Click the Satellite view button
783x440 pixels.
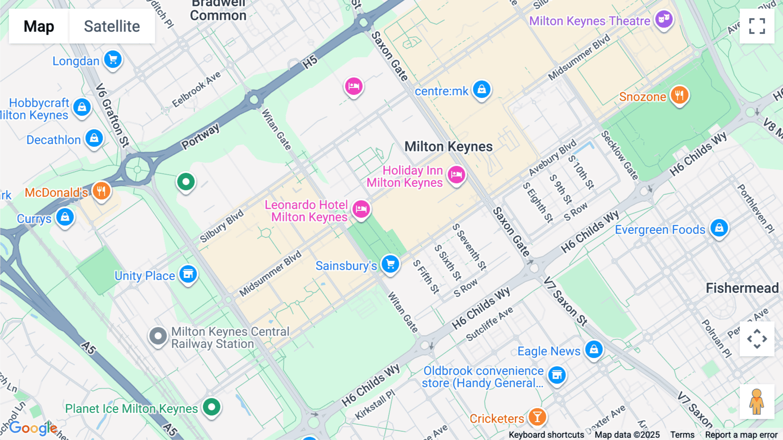[x=112, y=26]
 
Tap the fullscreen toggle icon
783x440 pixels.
[x=757, y=26]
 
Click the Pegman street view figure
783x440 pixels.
[x=757, y=402]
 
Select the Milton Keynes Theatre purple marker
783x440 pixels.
[x=664, y=19]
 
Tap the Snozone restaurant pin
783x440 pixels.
[x=679, y=95]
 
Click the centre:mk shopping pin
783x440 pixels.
[x=482, y=89]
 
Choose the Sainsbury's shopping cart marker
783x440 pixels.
[x=390, y=264]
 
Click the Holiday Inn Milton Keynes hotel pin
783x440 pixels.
[x=456, y=175]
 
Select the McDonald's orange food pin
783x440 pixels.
[x=101, y=191]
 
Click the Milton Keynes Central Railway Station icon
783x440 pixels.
[x=158, y=336]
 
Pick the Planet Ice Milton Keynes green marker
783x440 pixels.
[x=212, y=407]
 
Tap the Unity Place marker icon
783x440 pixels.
[x=188, y=274]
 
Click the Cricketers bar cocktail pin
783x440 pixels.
[x=537, y=417]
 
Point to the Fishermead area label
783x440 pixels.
[x=742, y=288]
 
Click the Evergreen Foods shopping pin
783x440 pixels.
[x=719, y=228]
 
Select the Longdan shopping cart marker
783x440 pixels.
[x=113, y=59]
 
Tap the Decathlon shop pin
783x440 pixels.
[x=94, y=139]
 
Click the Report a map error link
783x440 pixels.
[x=741, y=435]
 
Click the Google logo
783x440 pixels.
[x=33, y=428]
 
